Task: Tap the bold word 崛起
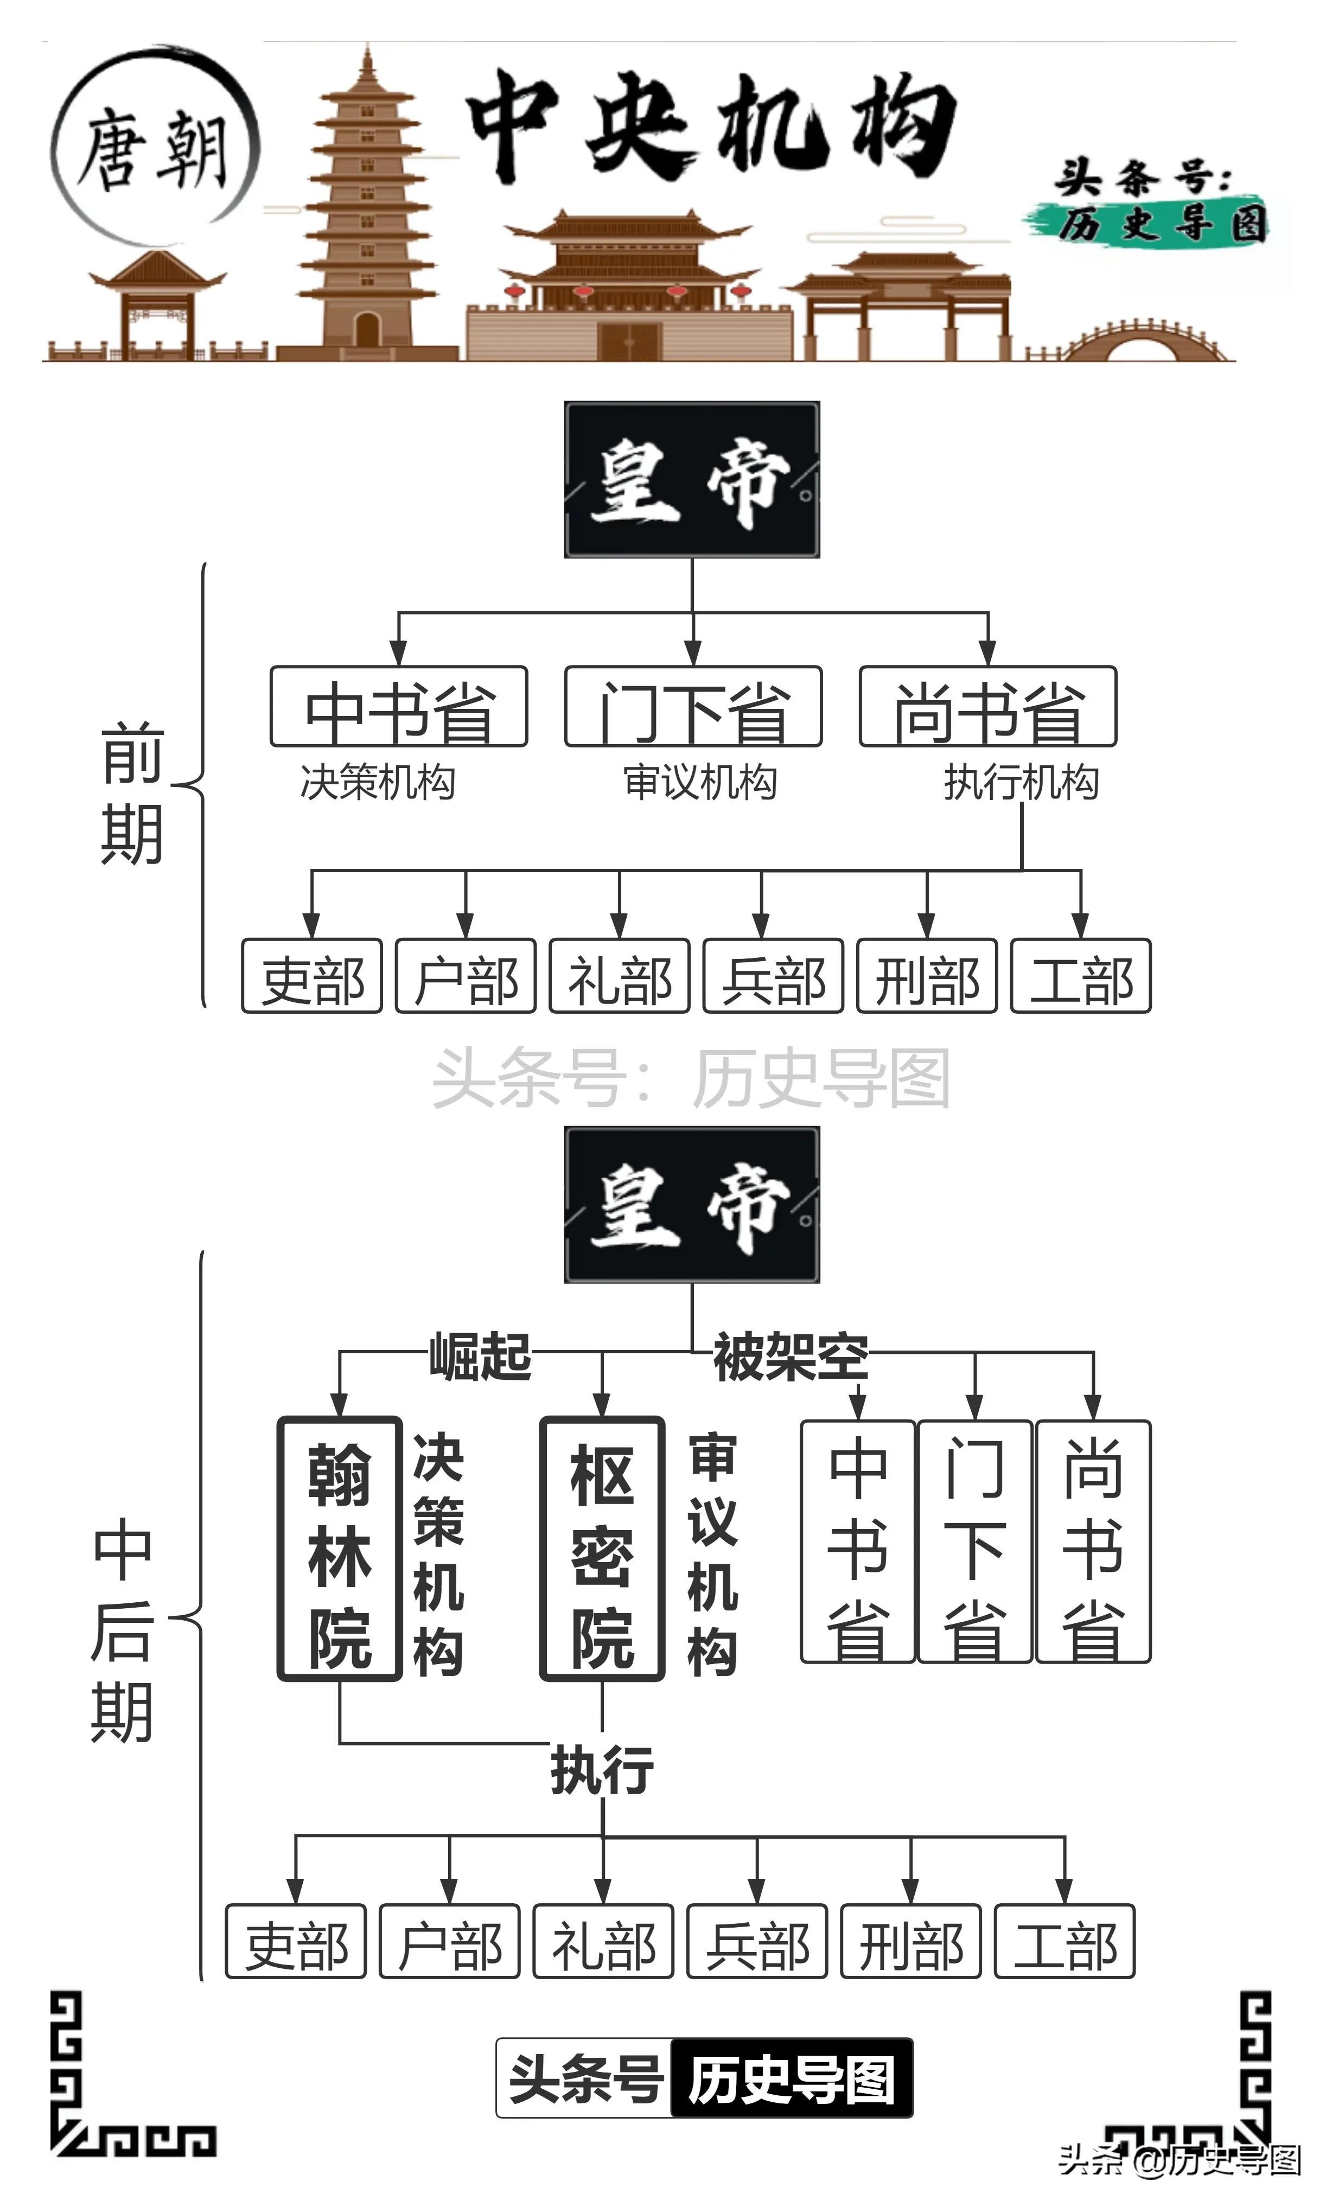(480, 1355)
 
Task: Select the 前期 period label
(132, 792)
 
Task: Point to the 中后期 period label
(122, 1630)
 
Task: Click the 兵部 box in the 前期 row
(773, 976)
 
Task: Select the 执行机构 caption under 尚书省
(1021, 782)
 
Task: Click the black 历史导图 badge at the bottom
(792, 2080)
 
